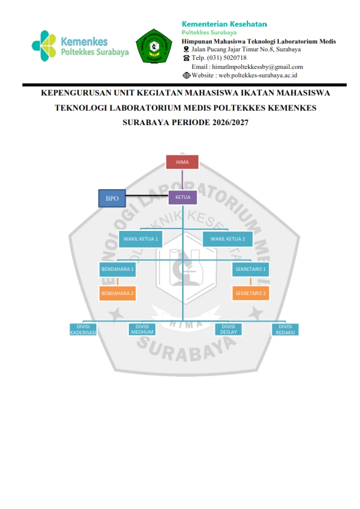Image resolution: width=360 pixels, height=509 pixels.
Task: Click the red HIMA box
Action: click(182, 162)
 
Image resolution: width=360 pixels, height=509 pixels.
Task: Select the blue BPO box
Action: click(112, 198)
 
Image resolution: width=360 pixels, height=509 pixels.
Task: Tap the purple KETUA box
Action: click(183, 197)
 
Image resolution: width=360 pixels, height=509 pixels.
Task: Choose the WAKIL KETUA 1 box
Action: click(140, 239)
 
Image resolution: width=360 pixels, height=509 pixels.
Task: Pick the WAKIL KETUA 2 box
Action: click(227, 239)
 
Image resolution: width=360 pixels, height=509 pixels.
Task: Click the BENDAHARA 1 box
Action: click(117, 269)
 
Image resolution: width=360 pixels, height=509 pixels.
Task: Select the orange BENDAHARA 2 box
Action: click(117, 293)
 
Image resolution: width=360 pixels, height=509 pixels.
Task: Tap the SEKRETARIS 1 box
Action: click(250, 269)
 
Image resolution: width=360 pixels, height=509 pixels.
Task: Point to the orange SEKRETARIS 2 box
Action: click(250, 293)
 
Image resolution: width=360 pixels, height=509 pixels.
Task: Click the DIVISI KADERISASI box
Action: click(83, 329)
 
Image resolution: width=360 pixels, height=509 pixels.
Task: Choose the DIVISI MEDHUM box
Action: click(142, 329)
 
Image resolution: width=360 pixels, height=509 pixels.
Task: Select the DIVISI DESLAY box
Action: click(229, 329)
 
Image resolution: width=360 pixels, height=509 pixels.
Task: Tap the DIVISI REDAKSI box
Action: click(285, 329)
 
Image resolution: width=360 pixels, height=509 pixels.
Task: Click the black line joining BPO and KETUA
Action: click(147, 195)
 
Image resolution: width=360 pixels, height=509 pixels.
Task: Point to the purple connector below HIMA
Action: click(182, 180)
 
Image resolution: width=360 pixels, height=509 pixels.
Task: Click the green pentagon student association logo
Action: click(154, 46)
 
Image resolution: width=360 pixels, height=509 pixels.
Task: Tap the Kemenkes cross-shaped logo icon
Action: click(44, 46)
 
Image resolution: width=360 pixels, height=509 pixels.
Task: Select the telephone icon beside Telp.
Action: click(186, 58)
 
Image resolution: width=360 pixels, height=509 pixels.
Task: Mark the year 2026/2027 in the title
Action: click(231, 122)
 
